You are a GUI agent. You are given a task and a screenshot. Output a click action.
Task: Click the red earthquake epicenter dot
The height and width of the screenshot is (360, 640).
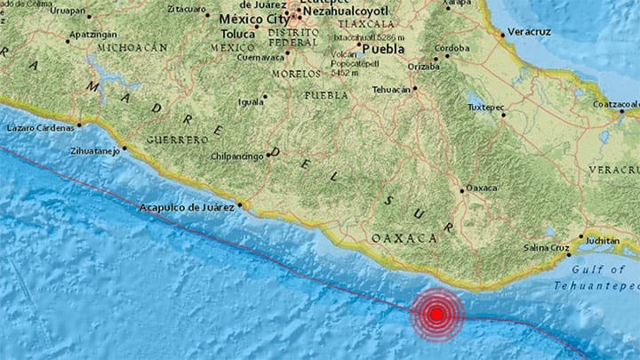[x=436, y=313]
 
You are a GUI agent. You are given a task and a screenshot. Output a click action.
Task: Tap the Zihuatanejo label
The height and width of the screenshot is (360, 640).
[x=95, y=151]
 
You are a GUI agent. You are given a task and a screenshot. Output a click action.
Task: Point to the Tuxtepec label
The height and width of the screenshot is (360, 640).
[x=485, y=108]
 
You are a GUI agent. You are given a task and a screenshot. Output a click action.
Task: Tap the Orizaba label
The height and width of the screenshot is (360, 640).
[x=423, y=66]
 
